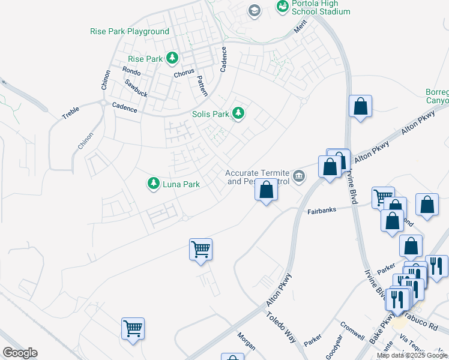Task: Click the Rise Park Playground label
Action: pyautogui.click(x=129, y=31)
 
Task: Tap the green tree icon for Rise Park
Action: pyautogui.click(x=173, y=58)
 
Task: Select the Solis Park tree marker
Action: pyautogui.click(x=239, y=113)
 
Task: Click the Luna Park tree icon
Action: pyautogui.click(x=154, y=184)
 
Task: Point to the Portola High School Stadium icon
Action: pyautogui.click(x=282, y=7)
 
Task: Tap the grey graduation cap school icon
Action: pyautogui.click(x=255, y=10)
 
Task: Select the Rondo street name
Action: pyautogui.click(x=131, y=71)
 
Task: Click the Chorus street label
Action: pyautogui.click(x=184, y=73)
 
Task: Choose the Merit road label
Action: pyautogui.click(x=300, y=29)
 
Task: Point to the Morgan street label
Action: pyautogui.click(x=246, y=341)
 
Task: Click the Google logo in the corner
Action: pyautogui.click(x=19, y=352)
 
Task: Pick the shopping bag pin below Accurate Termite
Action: pyautogui.click(x=266, y=191)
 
